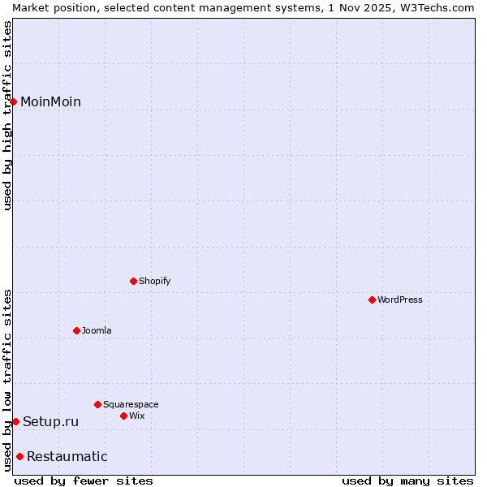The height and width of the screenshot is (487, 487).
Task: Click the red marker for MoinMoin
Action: [x=14, y=101]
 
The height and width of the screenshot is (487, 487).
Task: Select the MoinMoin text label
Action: [x=50, y=101]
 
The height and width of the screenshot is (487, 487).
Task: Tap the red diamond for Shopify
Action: [x=134, y=281]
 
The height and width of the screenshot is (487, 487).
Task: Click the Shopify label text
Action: [x=154, y=281]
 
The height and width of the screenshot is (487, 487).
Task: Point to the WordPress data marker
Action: [x=373, y=300]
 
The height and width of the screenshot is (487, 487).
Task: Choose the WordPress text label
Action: [x=399, y=300]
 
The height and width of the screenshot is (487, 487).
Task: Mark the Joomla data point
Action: [x=77, y=330]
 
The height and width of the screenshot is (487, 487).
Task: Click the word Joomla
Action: [x=97, y=330]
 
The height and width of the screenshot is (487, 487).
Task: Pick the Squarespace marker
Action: [x=98, y=404]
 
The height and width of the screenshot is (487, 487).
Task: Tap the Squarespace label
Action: [x=131, y=404]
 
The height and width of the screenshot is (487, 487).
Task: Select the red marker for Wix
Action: [x=124, y=416]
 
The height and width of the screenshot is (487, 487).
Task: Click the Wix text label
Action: [x=137, y=416]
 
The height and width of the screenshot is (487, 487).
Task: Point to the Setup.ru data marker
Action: [x=15, y=421]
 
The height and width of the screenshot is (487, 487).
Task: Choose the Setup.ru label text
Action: [x=50, y=421]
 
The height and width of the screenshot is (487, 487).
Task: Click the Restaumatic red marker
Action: [x=19, y=456]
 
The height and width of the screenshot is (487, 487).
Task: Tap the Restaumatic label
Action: [x=67, y=456]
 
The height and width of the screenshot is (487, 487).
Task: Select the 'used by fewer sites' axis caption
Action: [x=84, y=481]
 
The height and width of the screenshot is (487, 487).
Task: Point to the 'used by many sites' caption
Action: [x=407, y=481]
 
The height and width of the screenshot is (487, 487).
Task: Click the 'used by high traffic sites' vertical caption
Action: [x=7, y=115]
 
